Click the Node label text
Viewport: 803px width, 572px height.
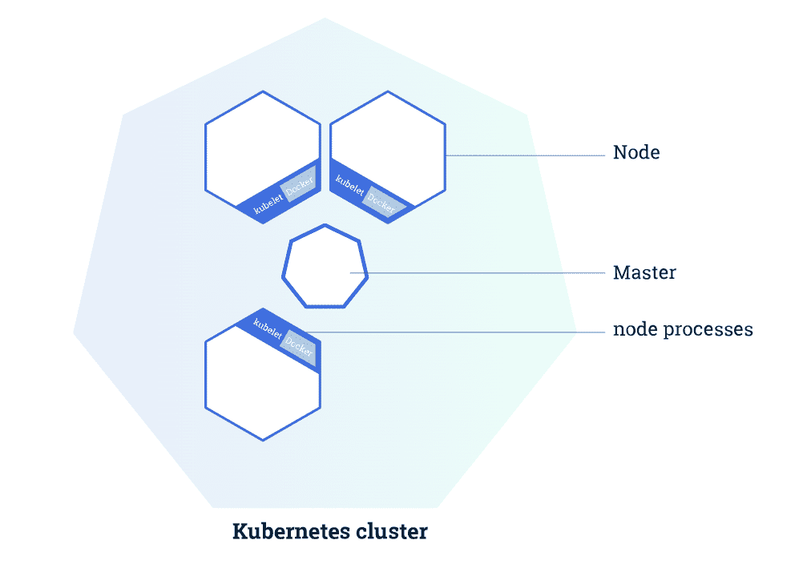coord(636,152)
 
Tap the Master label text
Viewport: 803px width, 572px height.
coord(644,272)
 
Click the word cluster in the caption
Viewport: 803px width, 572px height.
coord(392,531)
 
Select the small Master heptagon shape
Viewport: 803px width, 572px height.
coord(325,267)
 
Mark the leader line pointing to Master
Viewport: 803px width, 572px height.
coord(481,273)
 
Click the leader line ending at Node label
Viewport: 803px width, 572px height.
coord(521,155)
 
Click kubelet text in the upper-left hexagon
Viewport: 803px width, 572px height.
coord(268,202)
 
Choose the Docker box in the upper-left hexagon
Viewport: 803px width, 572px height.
coord(299,182)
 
